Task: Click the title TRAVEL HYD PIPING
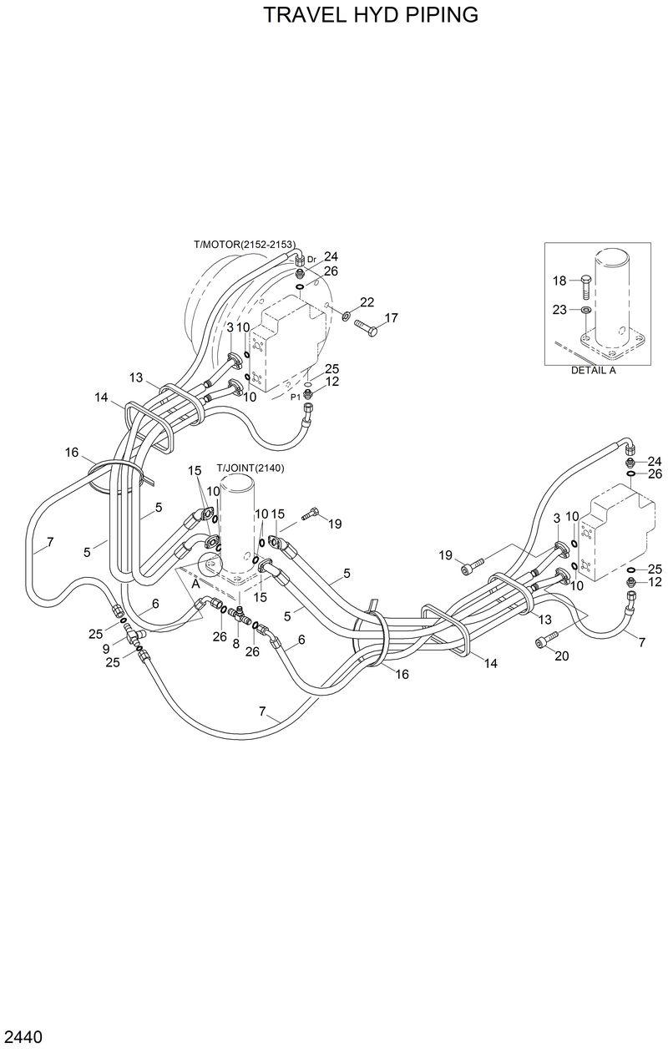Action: [371, 15]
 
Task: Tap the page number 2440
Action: [23, 1038]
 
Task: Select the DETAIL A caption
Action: [593, 371]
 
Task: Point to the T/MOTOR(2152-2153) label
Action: [245, 244]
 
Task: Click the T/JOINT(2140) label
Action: [250, 468]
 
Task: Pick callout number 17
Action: [391, 318]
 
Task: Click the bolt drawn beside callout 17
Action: [366, 327]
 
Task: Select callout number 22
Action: [367, 301]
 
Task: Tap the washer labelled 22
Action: [345, 315]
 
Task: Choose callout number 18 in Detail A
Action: [559, 281]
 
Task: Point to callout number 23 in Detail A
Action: [559, 310]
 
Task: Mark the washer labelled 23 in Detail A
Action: [586, 311]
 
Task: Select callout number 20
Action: [561, 656]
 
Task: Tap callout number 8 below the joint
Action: [236, 645]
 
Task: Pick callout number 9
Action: [106, 648]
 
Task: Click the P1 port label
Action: [295, 397]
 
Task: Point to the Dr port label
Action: [311, 260]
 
